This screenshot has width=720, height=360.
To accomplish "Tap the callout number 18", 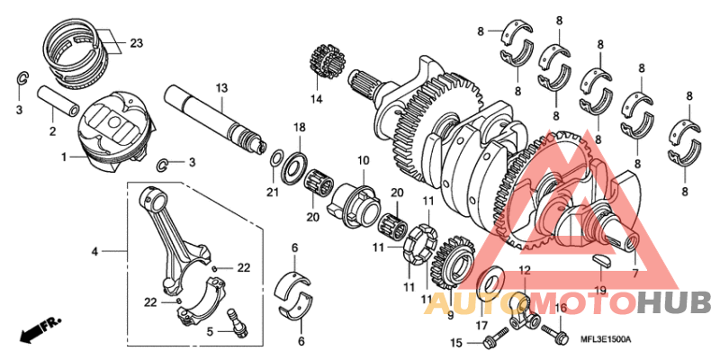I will [299, 127].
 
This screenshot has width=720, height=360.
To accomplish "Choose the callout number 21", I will [273, 192].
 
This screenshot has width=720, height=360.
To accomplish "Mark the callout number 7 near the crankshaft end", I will [635, 273].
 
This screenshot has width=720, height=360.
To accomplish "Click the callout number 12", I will [524, 270].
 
